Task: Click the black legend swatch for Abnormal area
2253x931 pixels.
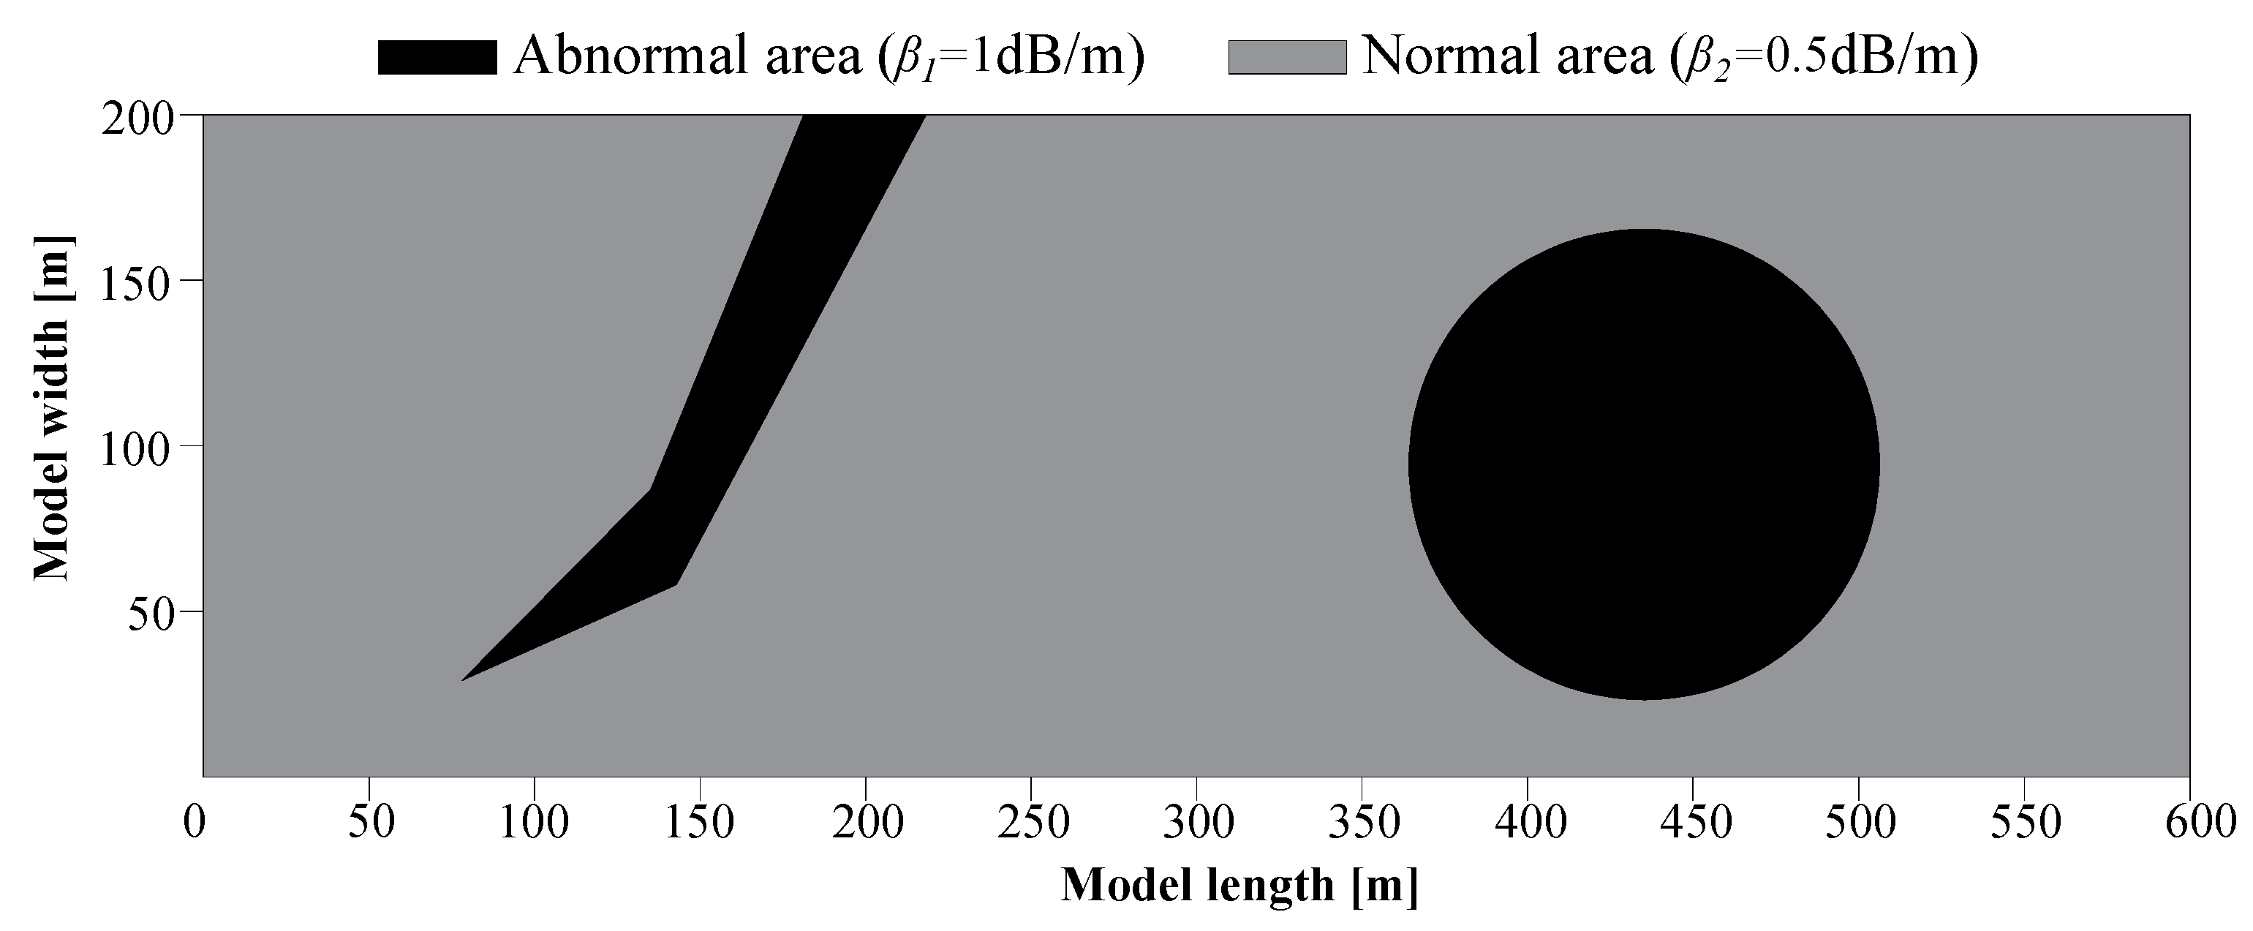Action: [x=437, y=57]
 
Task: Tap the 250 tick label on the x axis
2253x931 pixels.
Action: [x=1031, y=823]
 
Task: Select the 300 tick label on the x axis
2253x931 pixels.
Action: [x=1197, y=823]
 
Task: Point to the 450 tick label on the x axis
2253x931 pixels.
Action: [x=1694, y=823]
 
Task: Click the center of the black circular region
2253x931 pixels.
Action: [x=1642, y=464]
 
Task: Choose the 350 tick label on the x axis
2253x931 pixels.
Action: [x=1362, y=823]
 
